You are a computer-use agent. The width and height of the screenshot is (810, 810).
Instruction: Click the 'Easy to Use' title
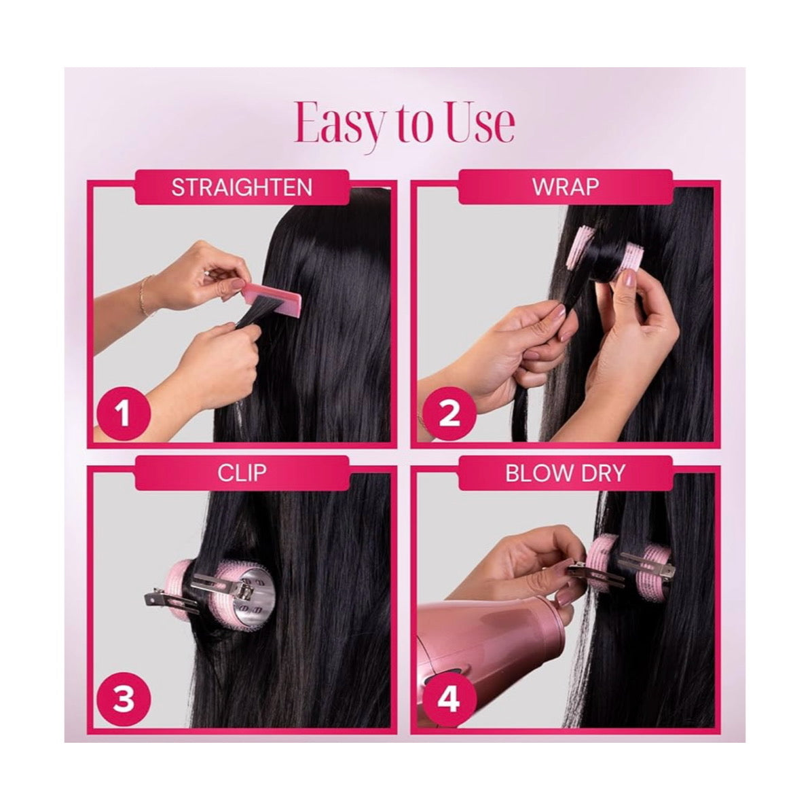pos(405,123)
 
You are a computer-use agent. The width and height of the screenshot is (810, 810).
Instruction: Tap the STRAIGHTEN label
pos(242,187)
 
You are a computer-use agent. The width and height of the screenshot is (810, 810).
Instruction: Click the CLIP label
pos(242,472)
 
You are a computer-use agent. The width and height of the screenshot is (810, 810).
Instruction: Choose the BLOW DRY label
pos(565,473)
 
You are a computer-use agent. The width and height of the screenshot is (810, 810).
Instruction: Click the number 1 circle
pos(123,413)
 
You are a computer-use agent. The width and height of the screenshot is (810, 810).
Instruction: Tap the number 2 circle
pos(449,413)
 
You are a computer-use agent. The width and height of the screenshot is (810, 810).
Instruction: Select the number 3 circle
pos(123,699)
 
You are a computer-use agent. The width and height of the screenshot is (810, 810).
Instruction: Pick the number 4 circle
pos(449,699)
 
